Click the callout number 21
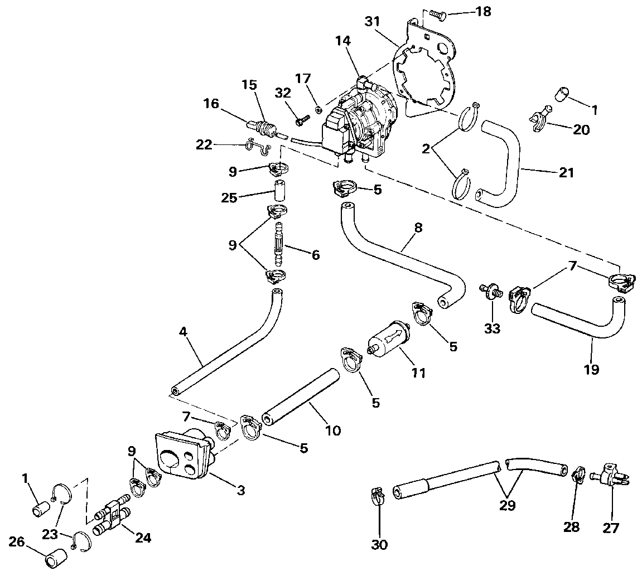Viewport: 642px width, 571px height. pos(566,172)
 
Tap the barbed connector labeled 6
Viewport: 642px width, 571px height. pos(278,245)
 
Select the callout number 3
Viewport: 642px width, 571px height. pos(241,490)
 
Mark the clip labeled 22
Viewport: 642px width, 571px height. pos(257,146)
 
